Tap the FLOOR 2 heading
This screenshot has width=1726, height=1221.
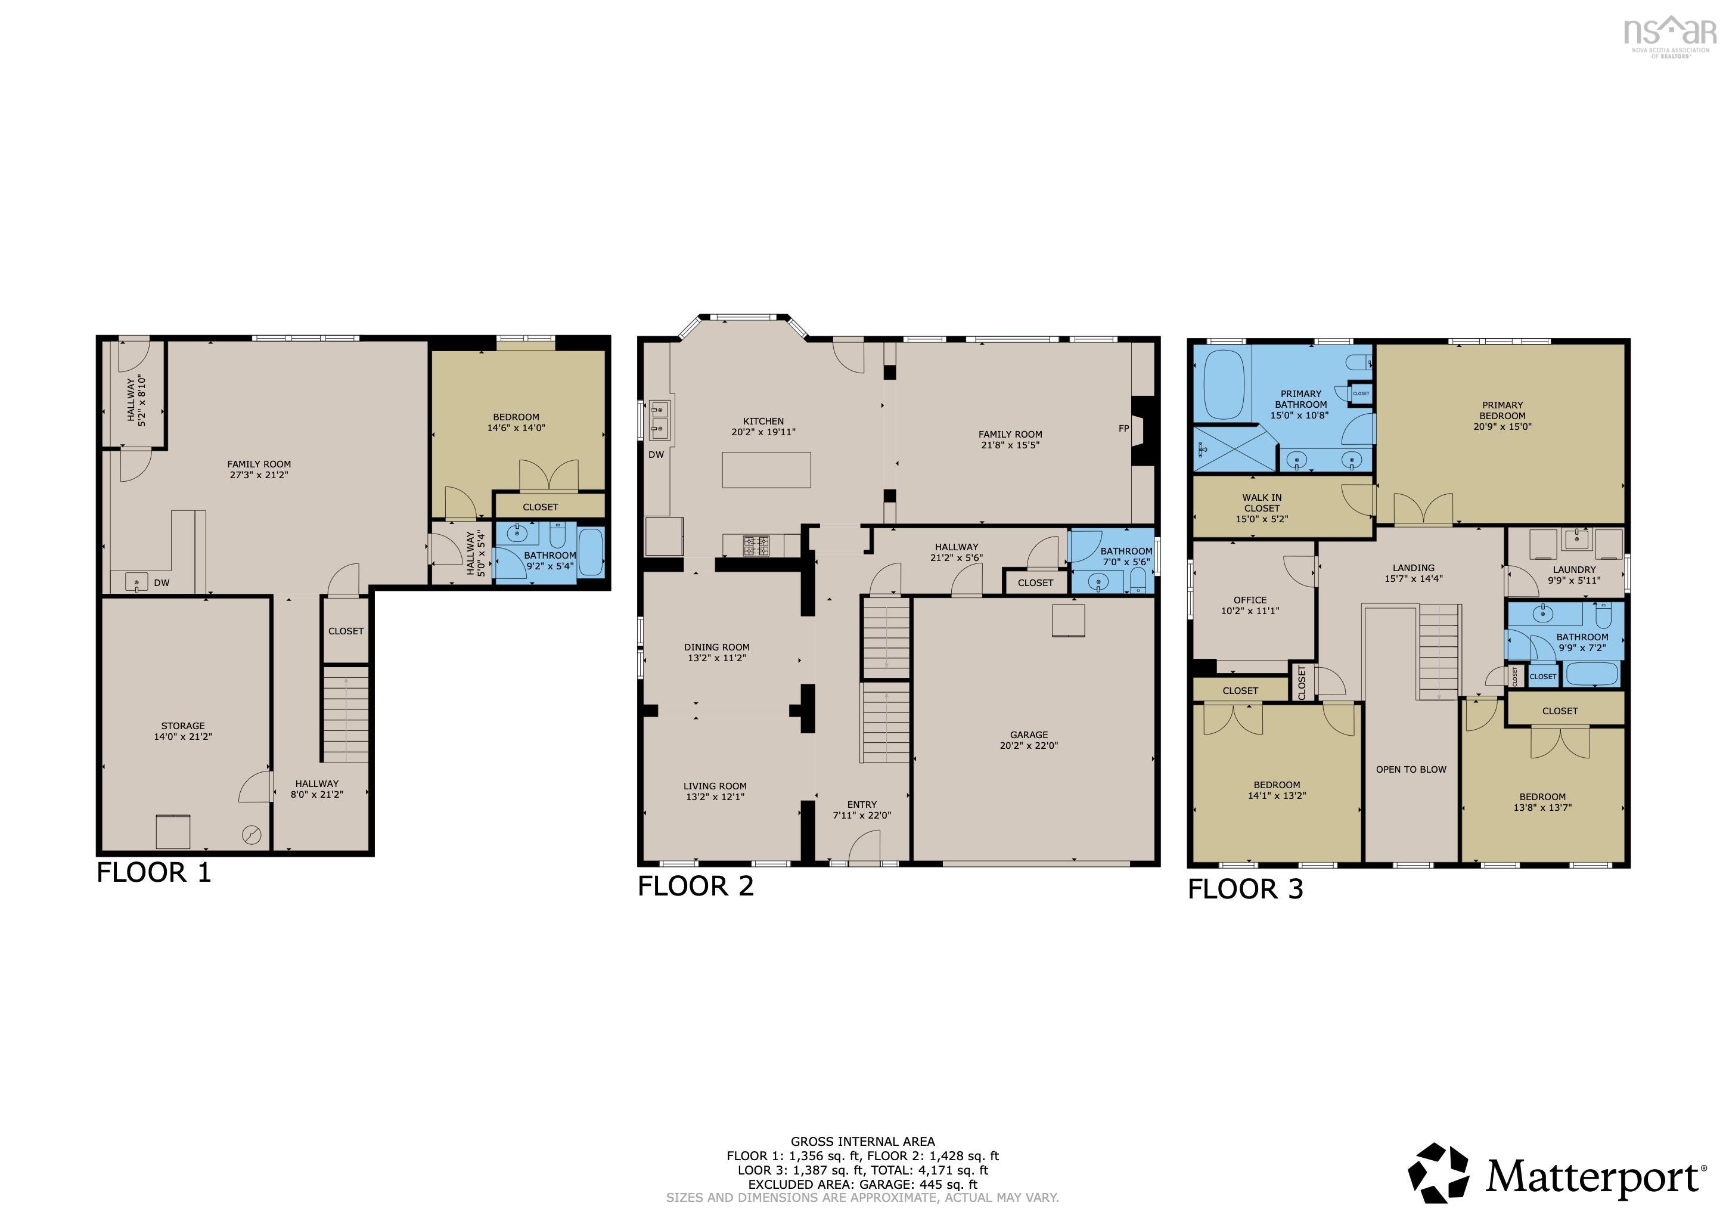click(x=696, y=887)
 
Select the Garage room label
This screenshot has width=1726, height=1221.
click(x=1029, y=735)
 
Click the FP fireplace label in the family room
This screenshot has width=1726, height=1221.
click(x=1124, y=429)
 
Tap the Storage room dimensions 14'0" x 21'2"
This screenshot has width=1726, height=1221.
click(x=184, y=737)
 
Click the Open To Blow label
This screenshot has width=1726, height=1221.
click(x=1411, y=769)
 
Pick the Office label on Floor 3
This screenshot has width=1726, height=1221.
click(x=1250, y=600)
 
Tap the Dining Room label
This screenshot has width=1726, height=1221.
click(x=716, y=647)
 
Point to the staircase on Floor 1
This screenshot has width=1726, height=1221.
click(x=346, y=714)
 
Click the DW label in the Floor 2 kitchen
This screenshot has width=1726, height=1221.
click(x=656, y=455)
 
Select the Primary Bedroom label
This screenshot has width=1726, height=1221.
click(x=1503, y=411)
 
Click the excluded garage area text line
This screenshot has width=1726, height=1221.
click(x=863, y=1184)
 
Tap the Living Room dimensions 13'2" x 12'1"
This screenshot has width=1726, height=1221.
click(x=715, y=797)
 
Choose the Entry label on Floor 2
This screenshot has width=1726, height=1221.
click(x=862, y=804)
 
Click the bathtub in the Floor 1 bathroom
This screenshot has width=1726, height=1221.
click(x=591, y=553)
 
